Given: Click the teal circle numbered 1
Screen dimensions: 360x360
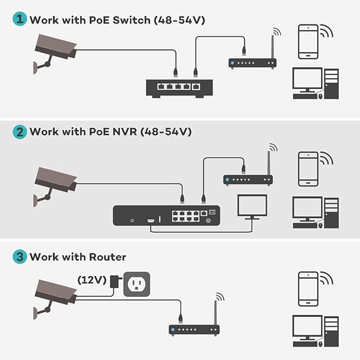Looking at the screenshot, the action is pos(20,19).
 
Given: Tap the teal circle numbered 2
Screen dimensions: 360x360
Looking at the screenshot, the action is pos(20,132).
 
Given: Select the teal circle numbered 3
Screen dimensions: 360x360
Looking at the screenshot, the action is pos(20,257).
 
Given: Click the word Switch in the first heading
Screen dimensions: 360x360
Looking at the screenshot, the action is pos(131,20).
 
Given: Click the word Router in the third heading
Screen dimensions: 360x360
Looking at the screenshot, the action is pos(108,257).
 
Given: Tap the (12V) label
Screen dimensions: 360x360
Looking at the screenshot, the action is pos(92,279).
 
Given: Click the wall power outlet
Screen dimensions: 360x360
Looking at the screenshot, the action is pos(137,284).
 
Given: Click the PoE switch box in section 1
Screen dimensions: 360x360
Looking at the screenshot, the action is pos(180,89).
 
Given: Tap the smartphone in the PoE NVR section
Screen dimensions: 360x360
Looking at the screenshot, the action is pos(308,169).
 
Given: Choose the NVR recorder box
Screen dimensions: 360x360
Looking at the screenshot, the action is pos(166,216).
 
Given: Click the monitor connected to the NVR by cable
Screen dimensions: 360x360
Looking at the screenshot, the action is pos(252,207).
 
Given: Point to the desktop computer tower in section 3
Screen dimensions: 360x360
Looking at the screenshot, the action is pos(331,331).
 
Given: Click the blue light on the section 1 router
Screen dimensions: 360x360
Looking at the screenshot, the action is pos(233,63).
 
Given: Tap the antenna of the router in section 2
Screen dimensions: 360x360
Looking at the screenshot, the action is pos(269,163).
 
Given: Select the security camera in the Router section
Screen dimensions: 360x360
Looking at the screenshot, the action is pos(55,300).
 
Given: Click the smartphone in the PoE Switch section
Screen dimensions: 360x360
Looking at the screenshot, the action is pos(308,41).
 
